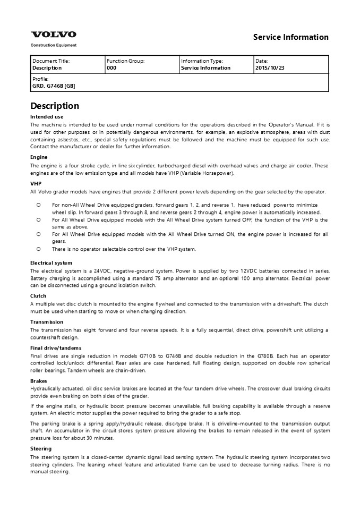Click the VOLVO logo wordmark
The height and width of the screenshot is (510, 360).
(x=53, y=35)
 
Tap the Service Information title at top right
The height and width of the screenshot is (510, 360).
(x=290, y=37)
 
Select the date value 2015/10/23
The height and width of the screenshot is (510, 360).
(x=270, y=68)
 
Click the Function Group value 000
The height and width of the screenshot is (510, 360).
(x=112, y=68)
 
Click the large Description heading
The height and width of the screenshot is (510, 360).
(x=55, y=106)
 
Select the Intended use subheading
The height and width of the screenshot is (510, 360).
(x=47, y=116)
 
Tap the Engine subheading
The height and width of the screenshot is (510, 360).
(x=39, y=157)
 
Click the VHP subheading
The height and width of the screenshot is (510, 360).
(x=36, y=184)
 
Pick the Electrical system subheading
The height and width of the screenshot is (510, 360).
(x=51, y=263)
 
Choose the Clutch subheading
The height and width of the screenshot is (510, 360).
(x=38, y=296)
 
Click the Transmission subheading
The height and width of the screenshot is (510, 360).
(x=48, y=322)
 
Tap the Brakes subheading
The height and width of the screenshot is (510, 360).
(x=39, y=381)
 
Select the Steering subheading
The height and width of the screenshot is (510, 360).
(x=41, y=449)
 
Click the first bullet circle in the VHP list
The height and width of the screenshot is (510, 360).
(x=38, y=205)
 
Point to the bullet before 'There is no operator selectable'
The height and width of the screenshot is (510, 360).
(x=38, y=249)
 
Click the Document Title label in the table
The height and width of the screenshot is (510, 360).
(x=51, y=61)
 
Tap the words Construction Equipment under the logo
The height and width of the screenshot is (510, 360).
(x=53, y=46)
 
